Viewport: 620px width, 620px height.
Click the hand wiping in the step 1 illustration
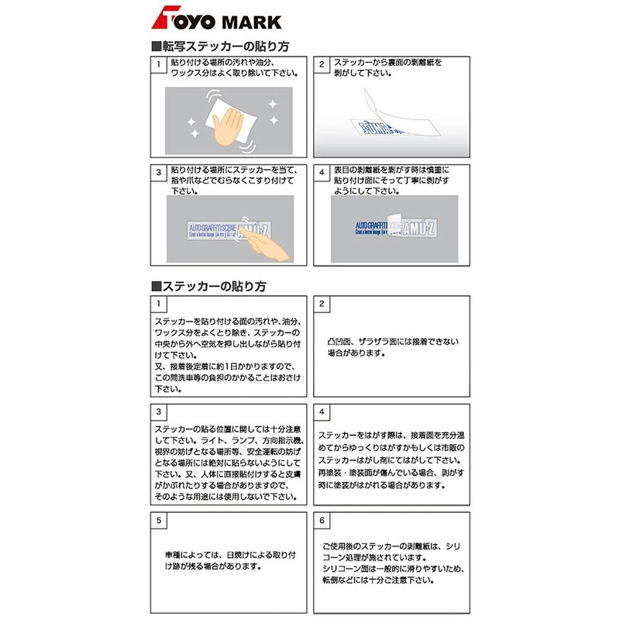click(x=228, y=120)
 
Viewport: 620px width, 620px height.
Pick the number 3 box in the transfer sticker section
click(x=158, y=172)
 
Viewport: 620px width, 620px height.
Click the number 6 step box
click(x=322, y=520)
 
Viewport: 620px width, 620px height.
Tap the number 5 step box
click(x=158, y=520)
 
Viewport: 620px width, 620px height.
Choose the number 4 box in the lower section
click(x=322, y=411)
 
